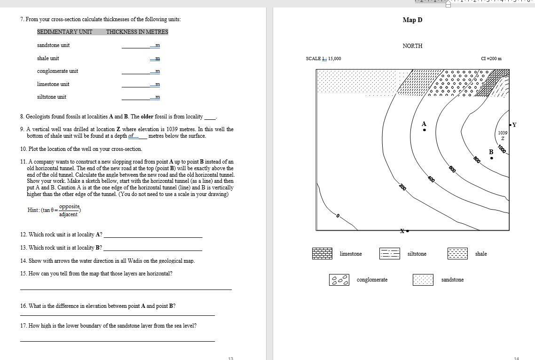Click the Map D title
(x=412, y=20)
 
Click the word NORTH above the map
(x=412, y=46)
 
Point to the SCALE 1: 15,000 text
(x=323, y=59)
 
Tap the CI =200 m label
(x=492, y=59)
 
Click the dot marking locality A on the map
(x=425, y=130)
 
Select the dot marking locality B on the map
(x=492, y=158)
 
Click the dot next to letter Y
(x=510, y=125)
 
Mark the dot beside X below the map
(x=408, y=231)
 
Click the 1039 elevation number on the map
(x=503, y=133)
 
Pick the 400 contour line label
(x=431, y=179)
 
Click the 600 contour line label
(x=452, y=169)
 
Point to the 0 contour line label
(x=337, y=216)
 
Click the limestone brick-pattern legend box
(x=322, y=254)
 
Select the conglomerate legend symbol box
(x=339, y=280)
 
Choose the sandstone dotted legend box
(x=423, y=280)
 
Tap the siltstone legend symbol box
(x=389, y=254)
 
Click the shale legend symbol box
(x=457, y=254)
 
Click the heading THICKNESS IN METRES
(x=137, y=32)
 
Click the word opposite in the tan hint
(x=70, y=206)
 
